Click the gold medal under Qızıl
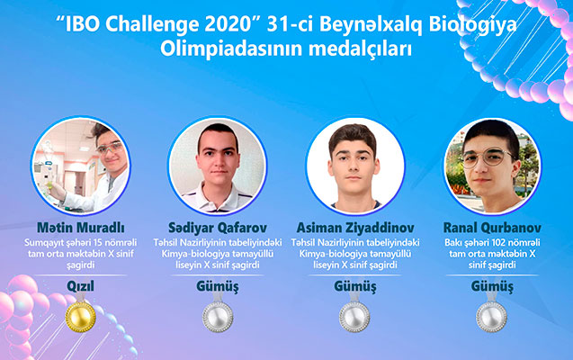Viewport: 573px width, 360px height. click(77, 315)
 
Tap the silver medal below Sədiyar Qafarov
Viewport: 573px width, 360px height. click(217, 315)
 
